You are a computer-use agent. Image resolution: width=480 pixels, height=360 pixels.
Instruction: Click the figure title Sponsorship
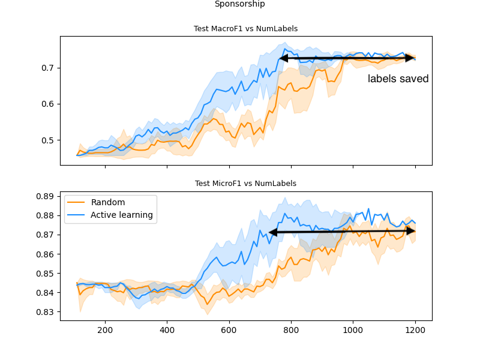click(x=239, y=4)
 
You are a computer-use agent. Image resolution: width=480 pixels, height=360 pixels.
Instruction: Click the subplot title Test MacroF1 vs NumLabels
click(x=245, y=29)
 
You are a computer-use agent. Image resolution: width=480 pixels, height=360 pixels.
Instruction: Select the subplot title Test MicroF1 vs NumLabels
click(x=245, y=184)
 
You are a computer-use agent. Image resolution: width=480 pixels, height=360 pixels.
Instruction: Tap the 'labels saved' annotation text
click(x=398, y=79)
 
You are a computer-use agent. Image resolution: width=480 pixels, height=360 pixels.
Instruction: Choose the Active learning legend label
click(x=121, y=215)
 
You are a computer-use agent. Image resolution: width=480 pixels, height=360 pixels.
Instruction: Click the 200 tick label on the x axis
click(x=105, y=329)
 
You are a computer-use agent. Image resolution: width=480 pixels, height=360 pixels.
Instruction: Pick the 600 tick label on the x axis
click(x=229, y=329)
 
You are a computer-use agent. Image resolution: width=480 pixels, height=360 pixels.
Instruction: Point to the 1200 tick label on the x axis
click(x=415, y=329)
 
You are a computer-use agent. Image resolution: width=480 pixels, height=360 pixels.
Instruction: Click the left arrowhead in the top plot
click(x=283, y=58)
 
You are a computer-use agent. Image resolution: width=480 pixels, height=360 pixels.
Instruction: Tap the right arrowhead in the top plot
click(x=411, y=58)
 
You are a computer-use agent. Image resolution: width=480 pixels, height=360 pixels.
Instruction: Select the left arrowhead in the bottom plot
click(x=273, y=232)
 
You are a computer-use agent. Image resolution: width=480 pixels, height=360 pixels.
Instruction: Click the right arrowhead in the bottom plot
click(x=411, y=231)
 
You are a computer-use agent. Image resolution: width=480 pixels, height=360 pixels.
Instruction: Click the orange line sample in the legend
click(x=76, y=202)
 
